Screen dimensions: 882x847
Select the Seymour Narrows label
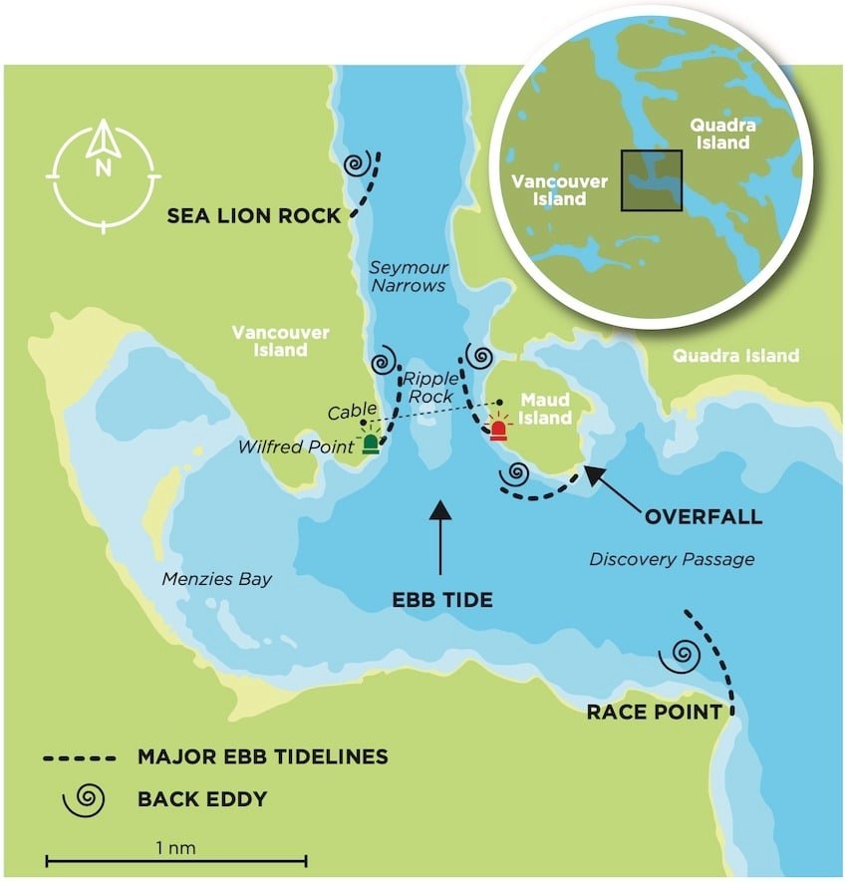[x=409, y=276]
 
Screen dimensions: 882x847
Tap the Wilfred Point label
[x=296, y=447]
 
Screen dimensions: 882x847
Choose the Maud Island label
[x=545, y=409]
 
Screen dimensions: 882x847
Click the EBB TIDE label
[x=441, y=600]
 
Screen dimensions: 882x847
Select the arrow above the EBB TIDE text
[x=439, y=538]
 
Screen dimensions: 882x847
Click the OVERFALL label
[x=704, y=516]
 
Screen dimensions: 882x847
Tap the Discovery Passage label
[x=672, y=559]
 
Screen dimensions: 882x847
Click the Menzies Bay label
[x=216, y=579]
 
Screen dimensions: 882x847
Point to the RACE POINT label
[x=653, y=712]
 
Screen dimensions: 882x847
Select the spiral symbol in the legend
[x=88, y=797]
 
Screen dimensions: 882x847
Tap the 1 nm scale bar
[x=175, y=856]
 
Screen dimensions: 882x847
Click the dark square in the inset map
[x=651, y=180]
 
